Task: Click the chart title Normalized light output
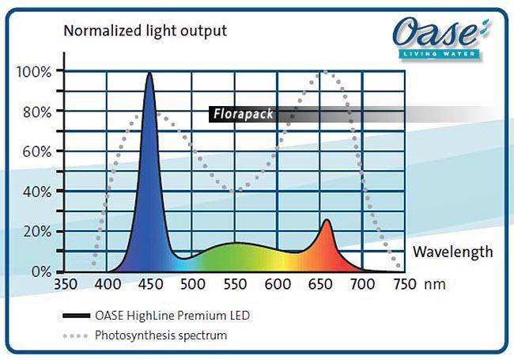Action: (x=145, y=32)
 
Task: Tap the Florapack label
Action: (x=243, y=114)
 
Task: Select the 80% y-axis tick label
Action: (x=37, y=112)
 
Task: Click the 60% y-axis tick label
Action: (x=37, y=151)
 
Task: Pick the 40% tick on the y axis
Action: (x=37, y=191)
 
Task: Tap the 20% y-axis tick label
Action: (x=37, y=231)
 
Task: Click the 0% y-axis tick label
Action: (x=41, y=271)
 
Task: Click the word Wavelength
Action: (x=453, y=252)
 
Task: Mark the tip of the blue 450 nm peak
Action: (x=149, y=73)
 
